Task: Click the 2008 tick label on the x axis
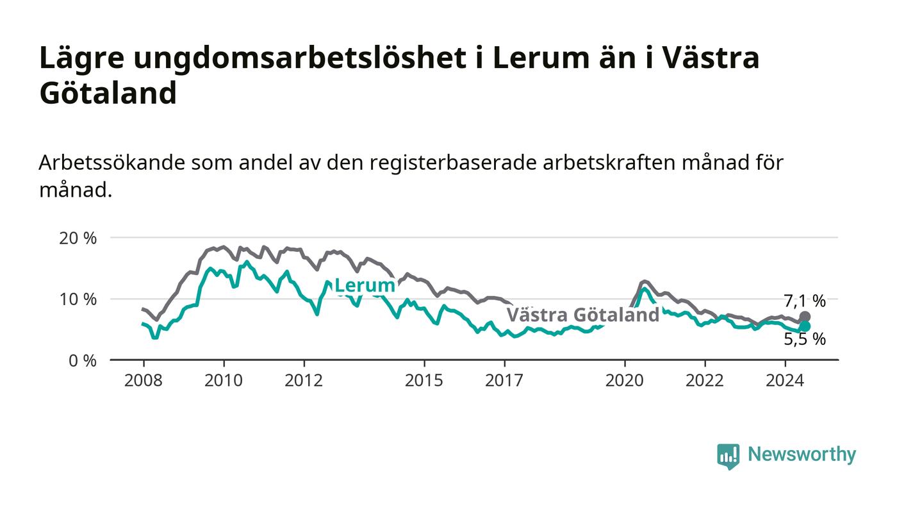pyautogui.click(x=144, y=381)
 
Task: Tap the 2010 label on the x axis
pyautogui.click(x=224, y=381)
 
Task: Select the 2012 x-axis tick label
pyautogui.click(x=304, y=381)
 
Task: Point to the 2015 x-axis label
pyautogui.click(x=424, y=381)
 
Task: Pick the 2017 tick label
pyautogui.click(x=504, y=381)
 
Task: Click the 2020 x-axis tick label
pyautogui.click(x=625, y=381)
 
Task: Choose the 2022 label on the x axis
pyautogui.click(x=705, y=381)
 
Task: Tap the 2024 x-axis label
pyautogui.click(x=785, y=381)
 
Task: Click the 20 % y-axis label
pyautogui.click(x=78, y=238)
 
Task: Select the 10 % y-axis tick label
pyautogui.click(x=78, y=299)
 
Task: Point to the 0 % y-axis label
pyautogui.click(x=83, y=361)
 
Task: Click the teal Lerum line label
pyautogui.click(x=365, y=286)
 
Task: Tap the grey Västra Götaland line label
pyautogui.click(x=583, y=315)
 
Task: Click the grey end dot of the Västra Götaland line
pyautogui.click(x=805, y=317)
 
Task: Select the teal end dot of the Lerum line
pyautogui.click(x=805, y=327)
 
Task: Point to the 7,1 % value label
pyautogui.click(x=805, y=301)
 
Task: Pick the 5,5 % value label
pyautogui.click(x=805, y=340)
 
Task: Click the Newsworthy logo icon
pyautogui.click(x=728, y=456)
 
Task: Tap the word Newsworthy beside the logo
pyautogui.click(x=802, y=455)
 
